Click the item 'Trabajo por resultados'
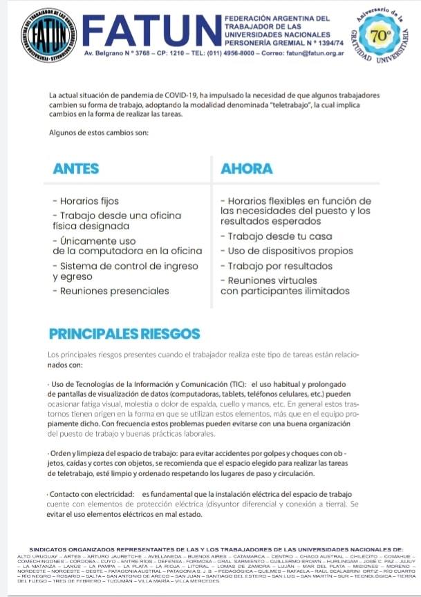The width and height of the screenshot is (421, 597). tap(275, 266)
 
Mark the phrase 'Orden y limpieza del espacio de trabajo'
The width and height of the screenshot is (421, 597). tap(113, 453)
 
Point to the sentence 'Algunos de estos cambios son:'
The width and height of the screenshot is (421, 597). tap(94, 133)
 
